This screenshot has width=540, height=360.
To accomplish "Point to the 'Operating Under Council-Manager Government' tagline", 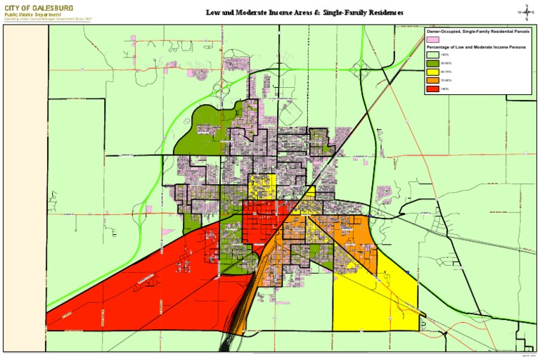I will [48, 19].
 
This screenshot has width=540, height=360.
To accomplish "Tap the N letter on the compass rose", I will [526, 5].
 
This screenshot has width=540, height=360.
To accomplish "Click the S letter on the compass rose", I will [526, 20].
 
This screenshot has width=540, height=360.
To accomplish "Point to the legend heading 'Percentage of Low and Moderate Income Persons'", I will [475, 47].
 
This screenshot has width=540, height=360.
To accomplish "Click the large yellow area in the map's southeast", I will [376, 299].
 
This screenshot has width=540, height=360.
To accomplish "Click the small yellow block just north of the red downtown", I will [261, 187].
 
